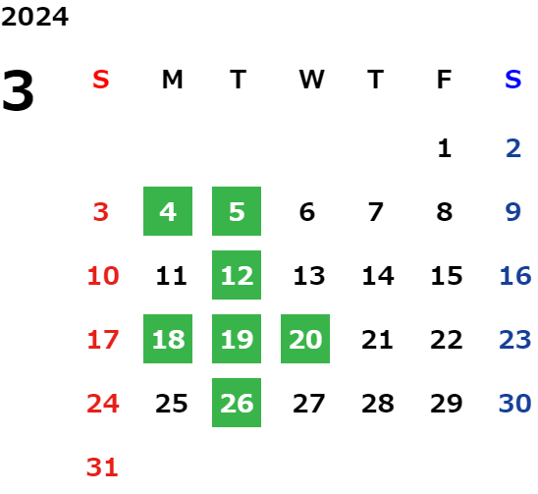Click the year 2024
(x=34, y=17)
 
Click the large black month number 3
(x=18, y=90)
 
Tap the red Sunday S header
(x=101, y=80)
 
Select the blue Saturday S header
(x=512, y=80)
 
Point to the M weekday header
(x=172, y=80)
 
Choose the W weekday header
(x=311, y=80)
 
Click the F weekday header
(x=445, y=80)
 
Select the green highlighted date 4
(x=168, y=211)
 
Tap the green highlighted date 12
(x=237, y=275)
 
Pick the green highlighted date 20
(x=305, y=339)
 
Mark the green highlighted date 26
(x=237, y=403)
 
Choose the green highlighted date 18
(x=168, y=339)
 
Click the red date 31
(x=102, y=467)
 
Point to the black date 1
(x=445, y=148)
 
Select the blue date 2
(x=513, y=148)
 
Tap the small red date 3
(x=101, y=211)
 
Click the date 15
(x=447, y=275)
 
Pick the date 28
(x=378, y=403)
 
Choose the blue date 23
(x=515, y=339)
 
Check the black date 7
(x=376, y=211)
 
